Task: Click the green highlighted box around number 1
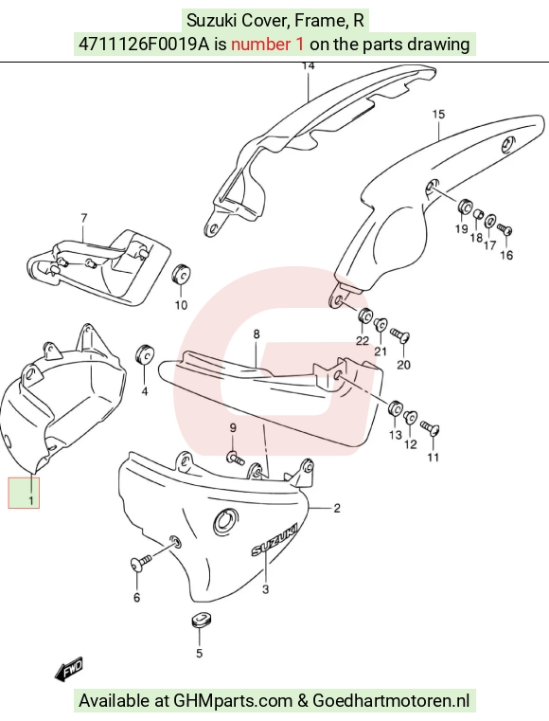24,493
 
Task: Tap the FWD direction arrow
68,670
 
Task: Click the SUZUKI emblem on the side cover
274,539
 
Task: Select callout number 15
439,114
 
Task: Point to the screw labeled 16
505,229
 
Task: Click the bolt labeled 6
141,563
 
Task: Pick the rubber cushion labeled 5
199,620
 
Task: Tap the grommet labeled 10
181,274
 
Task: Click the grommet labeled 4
145,352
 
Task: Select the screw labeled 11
431,427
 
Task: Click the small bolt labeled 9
236,458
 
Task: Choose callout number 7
83,218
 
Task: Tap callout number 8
257,334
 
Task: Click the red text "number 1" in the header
267,45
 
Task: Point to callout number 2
337,508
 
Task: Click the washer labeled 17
490,221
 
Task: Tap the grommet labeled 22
365,315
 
